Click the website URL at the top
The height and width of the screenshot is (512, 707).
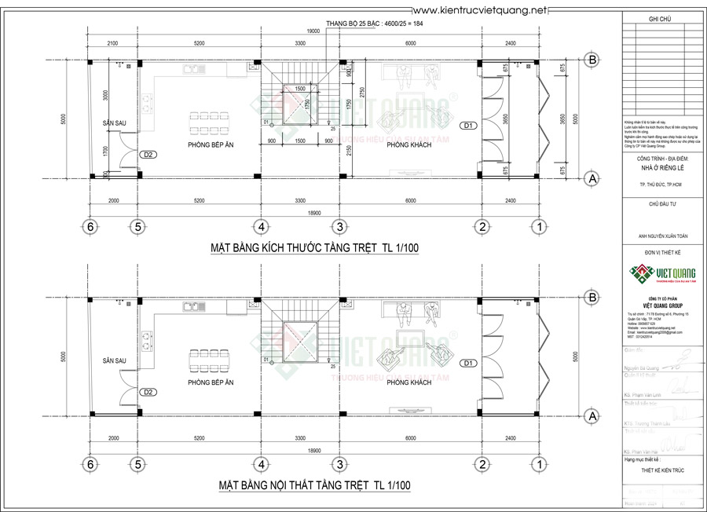pyautogui.click(x=478, y=9)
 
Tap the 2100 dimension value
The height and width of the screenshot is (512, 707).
pyautogui.click(x=112, y=43)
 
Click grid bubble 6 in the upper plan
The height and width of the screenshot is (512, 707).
pyautogui.click(x=92, y=227)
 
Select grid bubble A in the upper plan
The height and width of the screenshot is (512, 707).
pyautogui.click(x=593, y=179)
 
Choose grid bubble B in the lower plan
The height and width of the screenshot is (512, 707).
pyautogui.click(x=593, y=297)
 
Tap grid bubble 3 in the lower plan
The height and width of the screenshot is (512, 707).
pyautogui.click(x=339, y=464)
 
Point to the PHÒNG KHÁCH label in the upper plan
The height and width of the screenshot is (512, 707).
pyautogui.click(x=408, y=146)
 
